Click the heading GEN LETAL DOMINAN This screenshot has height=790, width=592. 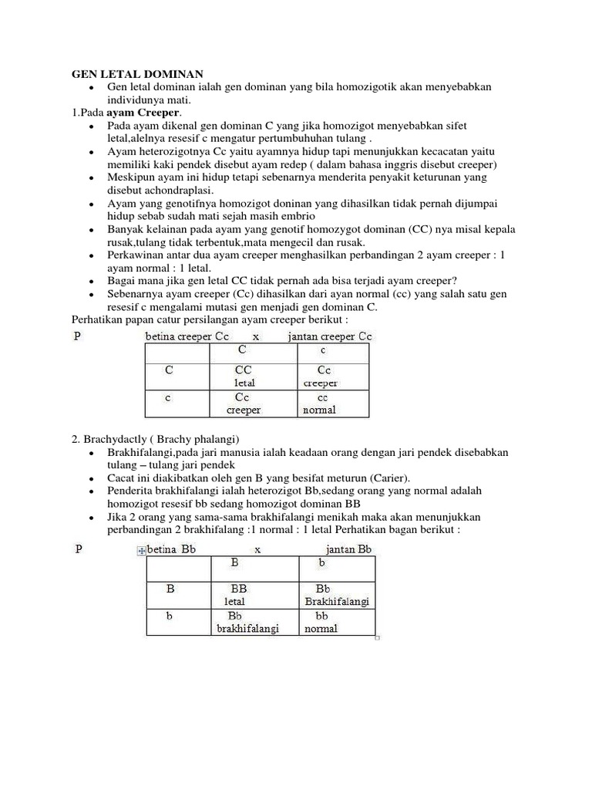point(137,74)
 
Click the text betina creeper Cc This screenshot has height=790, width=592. point(187,336)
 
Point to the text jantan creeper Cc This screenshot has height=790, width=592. point(330,336)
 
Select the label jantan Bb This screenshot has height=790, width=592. point(348,549)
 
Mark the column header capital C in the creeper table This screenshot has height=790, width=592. point(242,349)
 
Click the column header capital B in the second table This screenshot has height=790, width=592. point(234,563)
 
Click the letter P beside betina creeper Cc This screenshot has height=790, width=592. point(76,336)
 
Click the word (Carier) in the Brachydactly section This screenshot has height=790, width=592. point(390,478)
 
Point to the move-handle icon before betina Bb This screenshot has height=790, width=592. point(140,551)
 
